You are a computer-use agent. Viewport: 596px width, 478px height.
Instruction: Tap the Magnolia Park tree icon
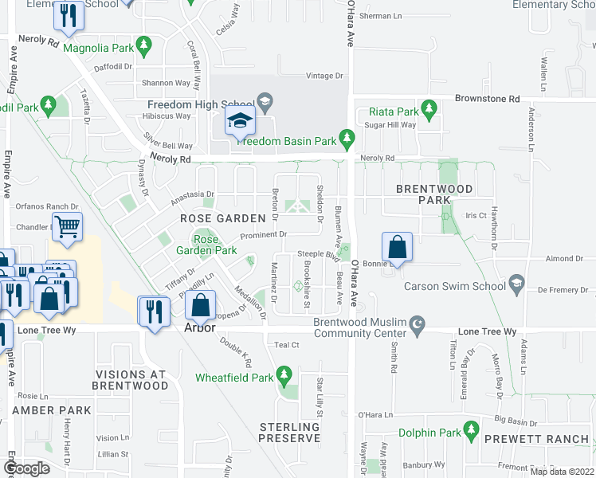[143, 49]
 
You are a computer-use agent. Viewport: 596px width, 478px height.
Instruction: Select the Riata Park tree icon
[429, 108]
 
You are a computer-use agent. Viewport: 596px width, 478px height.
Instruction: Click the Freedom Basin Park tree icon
[347, 140]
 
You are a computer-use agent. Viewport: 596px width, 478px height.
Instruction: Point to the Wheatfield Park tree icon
[284, 374]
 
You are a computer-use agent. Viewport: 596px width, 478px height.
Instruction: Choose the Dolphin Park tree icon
[472, 433]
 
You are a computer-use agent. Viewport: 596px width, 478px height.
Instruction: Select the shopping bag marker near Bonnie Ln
[397, 249]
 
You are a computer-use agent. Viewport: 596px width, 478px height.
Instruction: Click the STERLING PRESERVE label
[289, 433]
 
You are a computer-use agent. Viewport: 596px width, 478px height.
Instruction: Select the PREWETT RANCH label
[546, 439]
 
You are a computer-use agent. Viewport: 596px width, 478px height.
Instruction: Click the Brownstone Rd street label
[487, 99]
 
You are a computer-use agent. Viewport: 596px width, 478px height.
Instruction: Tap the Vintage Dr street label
[325, 76]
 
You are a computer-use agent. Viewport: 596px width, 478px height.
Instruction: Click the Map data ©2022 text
[561, 472]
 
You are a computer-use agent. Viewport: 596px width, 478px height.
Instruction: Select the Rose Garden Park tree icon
[200, 237]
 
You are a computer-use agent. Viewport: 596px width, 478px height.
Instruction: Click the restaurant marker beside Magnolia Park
[68, 17]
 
